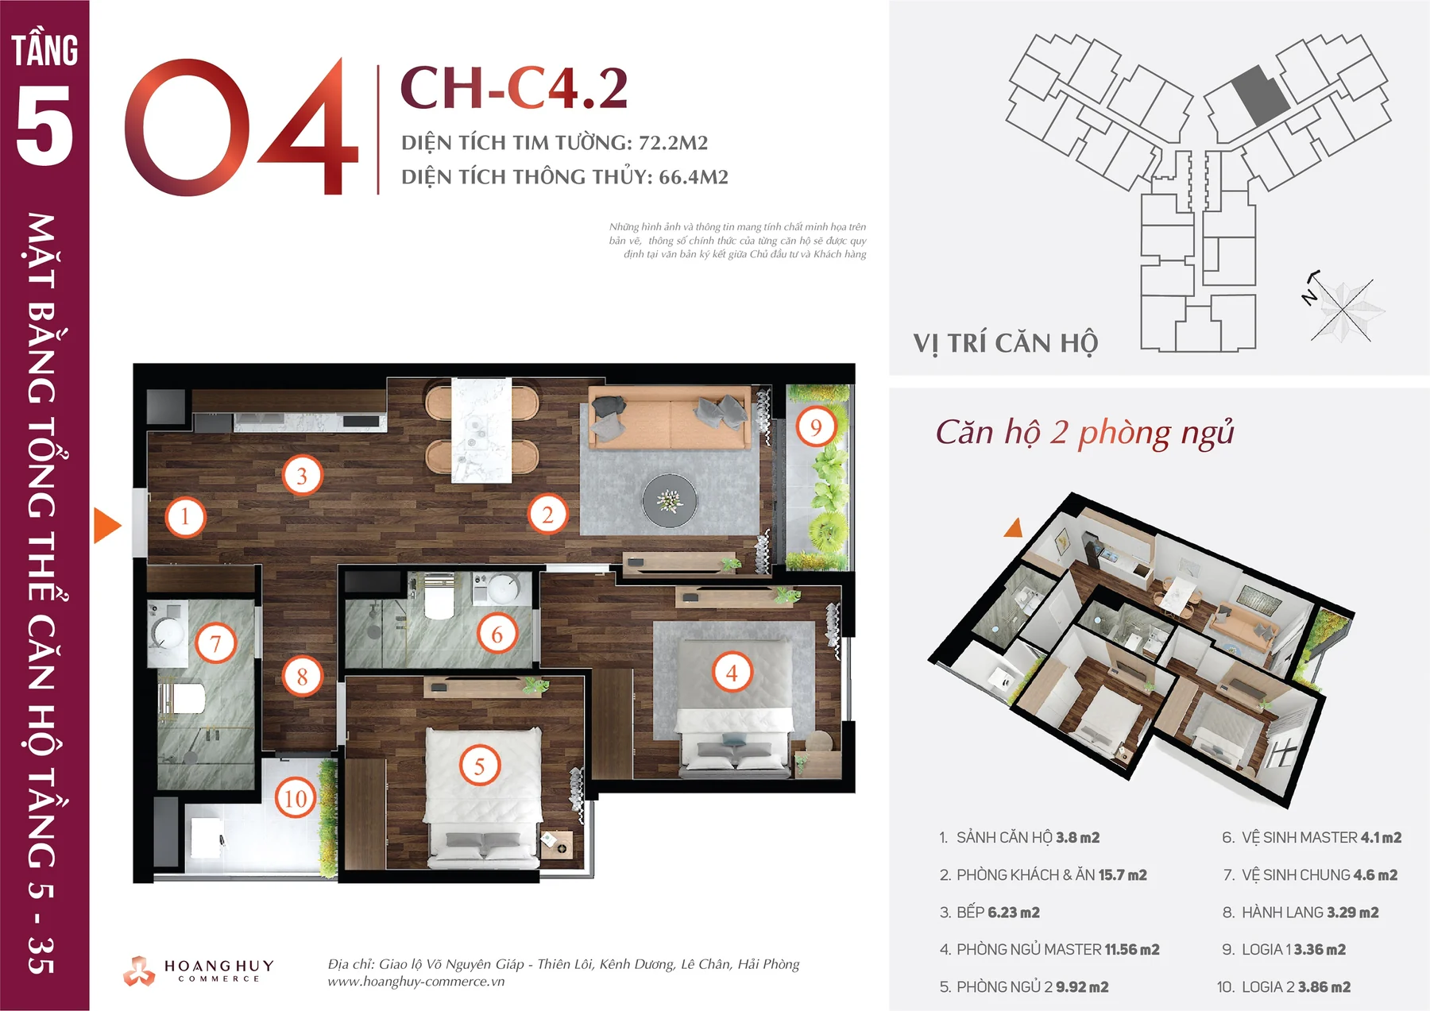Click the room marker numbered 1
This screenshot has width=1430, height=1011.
(x=185, y=516)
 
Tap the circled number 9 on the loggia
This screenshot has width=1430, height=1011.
(x=816, y=427)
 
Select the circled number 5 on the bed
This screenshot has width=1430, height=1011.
(x=480, y=766)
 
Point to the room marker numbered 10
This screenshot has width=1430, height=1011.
(x=296, y=798)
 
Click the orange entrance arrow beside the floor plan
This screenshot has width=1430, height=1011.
(x=106, y=526)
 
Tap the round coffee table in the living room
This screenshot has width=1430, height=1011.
(x=670, y=501)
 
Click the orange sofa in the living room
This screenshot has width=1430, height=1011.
(x=669, y=418)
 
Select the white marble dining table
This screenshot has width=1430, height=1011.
(x=481, y=430)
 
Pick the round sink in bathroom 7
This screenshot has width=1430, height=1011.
(x=168, y=634)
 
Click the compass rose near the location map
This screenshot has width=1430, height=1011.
(x=1343, y=310)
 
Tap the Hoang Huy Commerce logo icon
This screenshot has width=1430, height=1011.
(x=139, y=970)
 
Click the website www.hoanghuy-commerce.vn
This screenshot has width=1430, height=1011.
(x=416, y=982)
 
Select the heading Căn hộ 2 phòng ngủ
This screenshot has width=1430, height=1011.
(x=1084, y=434)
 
